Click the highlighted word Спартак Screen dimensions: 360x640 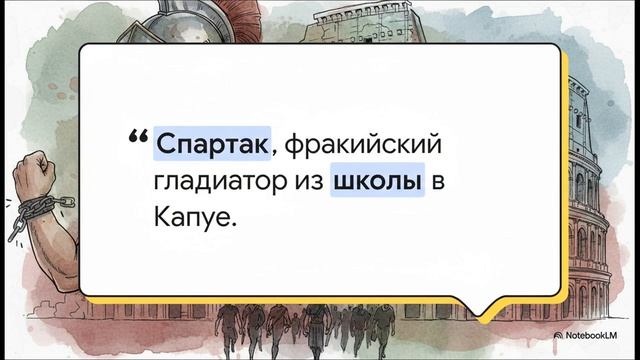point(212,145)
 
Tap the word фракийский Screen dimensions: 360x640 point(363,146)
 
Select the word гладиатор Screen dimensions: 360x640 point(219,183)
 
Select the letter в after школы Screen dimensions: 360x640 point(437,184)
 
